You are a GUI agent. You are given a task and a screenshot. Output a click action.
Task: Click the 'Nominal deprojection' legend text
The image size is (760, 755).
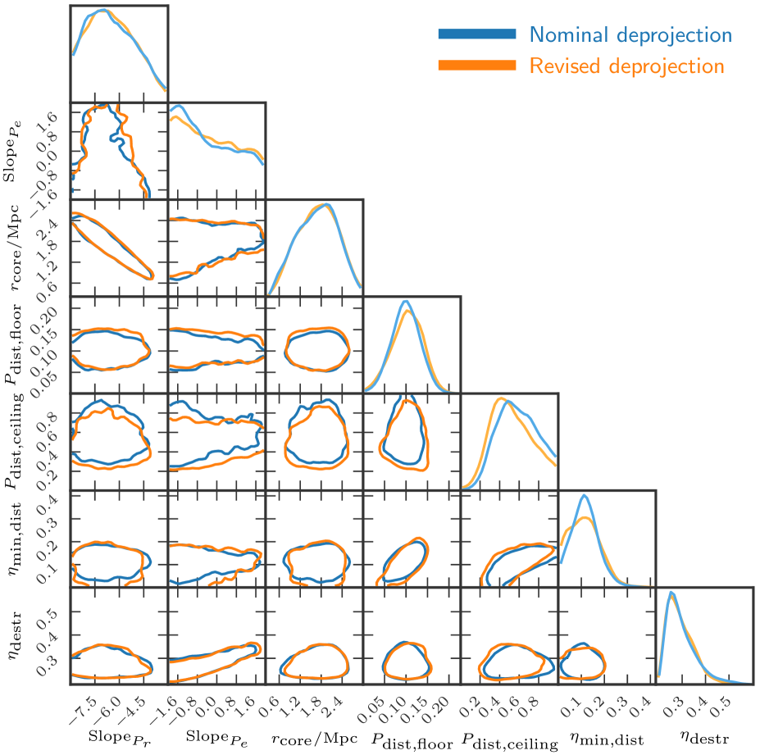630,34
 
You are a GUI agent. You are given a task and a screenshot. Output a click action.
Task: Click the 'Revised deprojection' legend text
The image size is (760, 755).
626,66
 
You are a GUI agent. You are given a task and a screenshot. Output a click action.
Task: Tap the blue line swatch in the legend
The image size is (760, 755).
477,34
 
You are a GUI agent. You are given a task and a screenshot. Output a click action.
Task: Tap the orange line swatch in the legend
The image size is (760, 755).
477,66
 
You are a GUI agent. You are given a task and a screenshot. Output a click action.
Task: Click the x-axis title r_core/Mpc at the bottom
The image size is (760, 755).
314,737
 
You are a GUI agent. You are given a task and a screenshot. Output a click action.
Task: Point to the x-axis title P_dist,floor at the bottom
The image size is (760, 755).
412,739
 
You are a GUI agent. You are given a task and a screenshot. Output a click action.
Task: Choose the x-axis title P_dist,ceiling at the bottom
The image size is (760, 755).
510,739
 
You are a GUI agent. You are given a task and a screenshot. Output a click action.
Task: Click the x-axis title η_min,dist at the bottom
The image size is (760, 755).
608,739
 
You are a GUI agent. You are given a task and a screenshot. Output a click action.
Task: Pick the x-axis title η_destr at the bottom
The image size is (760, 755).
704,737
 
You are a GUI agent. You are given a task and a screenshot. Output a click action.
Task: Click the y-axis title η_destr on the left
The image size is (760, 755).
16,636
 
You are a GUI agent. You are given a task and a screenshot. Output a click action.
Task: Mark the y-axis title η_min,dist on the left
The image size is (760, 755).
16,539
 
